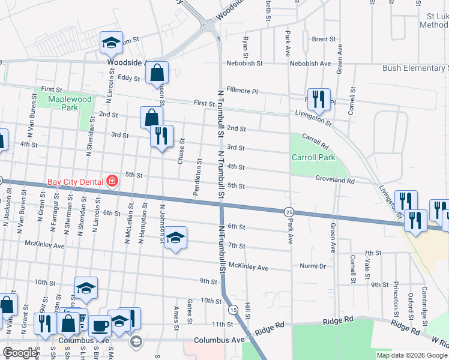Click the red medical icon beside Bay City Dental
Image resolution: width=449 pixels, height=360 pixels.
(x=111, y=181)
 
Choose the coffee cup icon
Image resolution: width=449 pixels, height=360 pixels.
(x=100, y=326)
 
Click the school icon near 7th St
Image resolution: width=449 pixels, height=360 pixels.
(x=175, y=238)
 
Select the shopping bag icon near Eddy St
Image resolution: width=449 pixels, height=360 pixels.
(x=157, y=73)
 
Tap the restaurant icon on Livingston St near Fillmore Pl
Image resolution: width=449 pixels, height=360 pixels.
(x=318, y=100)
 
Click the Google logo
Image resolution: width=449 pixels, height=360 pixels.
(x=20, y=353)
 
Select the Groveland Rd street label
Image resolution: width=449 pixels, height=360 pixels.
(x=336, y=179)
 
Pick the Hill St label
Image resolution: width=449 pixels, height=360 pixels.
(x=247, y=314)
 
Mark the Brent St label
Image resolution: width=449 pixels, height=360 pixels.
(x=324, y=39)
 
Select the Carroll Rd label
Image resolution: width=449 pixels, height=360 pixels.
(x=315, y=141)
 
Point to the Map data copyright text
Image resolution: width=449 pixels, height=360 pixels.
(x=411, y=355)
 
